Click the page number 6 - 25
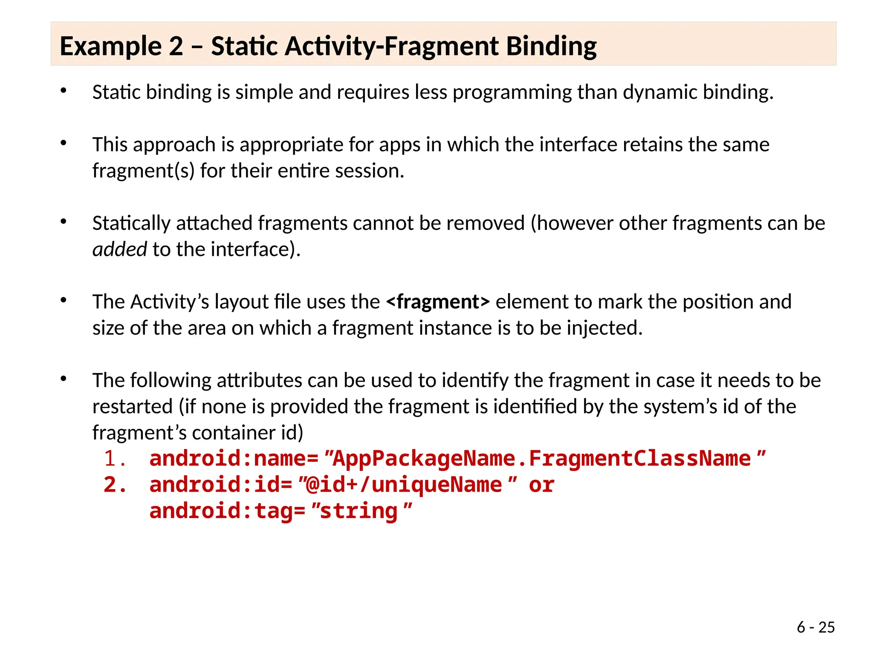[815, 627]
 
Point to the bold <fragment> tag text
[438, 302]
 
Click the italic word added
[119, 249]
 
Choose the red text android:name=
[234, 459]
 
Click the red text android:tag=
[227, 511]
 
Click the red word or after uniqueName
[541, 485]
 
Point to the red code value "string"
[361, 511]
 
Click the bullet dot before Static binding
[64, 90]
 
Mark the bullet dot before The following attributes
[64, 378]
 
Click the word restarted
[133, 407]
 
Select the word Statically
[130, 223]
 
